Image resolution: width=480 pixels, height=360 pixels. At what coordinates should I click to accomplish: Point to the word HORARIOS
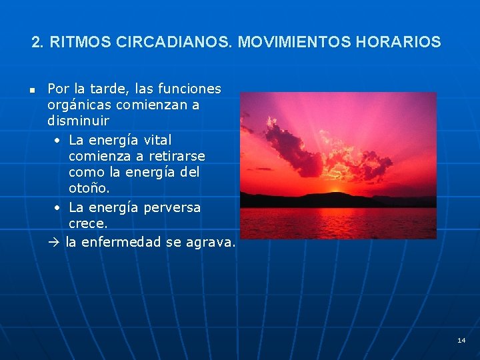point(398,43)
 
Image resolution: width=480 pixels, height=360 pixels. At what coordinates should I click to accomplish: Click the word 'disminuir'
point(78,122)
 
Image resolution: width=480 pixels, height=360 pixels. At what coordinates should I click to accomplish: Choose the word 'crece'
point(87,224)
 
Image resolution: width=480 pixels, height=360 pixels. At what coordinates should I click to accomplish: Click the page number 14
point(461,340)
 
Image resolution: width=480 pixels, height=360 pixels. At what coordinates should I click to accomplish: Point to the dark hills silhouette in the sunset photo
point(333,199)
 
